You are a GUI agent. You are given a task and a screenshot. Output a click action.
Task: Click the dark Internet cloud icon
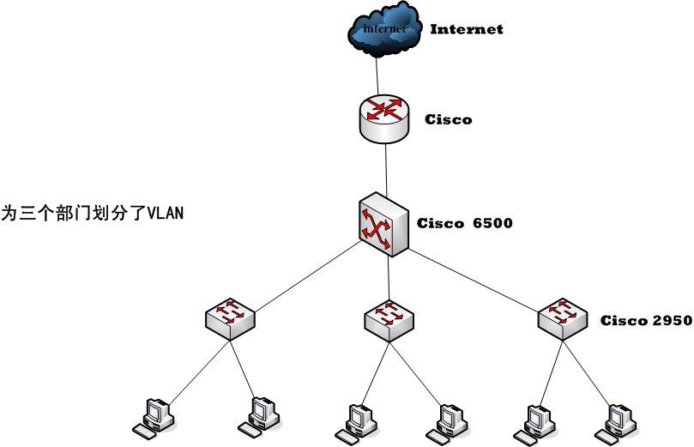click(384, 31)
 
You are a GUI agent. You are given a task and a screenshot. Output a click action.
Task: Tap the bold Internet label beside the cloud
click(466, 29)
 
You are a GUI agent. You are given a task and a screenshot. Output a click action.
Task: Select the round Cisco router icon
click(384, 118)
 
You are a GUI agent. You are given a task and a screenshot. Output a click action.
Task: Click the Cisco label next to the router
click(448, 119)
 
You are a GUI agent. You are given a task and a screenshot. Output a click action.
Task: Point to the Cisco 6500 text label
click(464, 224)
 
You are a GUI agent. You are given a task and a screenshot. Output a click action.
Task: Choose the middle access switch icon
click(389, 319)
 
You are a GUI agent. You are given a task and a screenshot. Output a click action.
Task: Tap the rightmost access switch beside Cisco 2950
click(563, 317)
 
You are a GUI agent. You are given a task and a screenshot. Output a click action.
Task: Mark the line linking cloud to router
click(378, 71)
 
